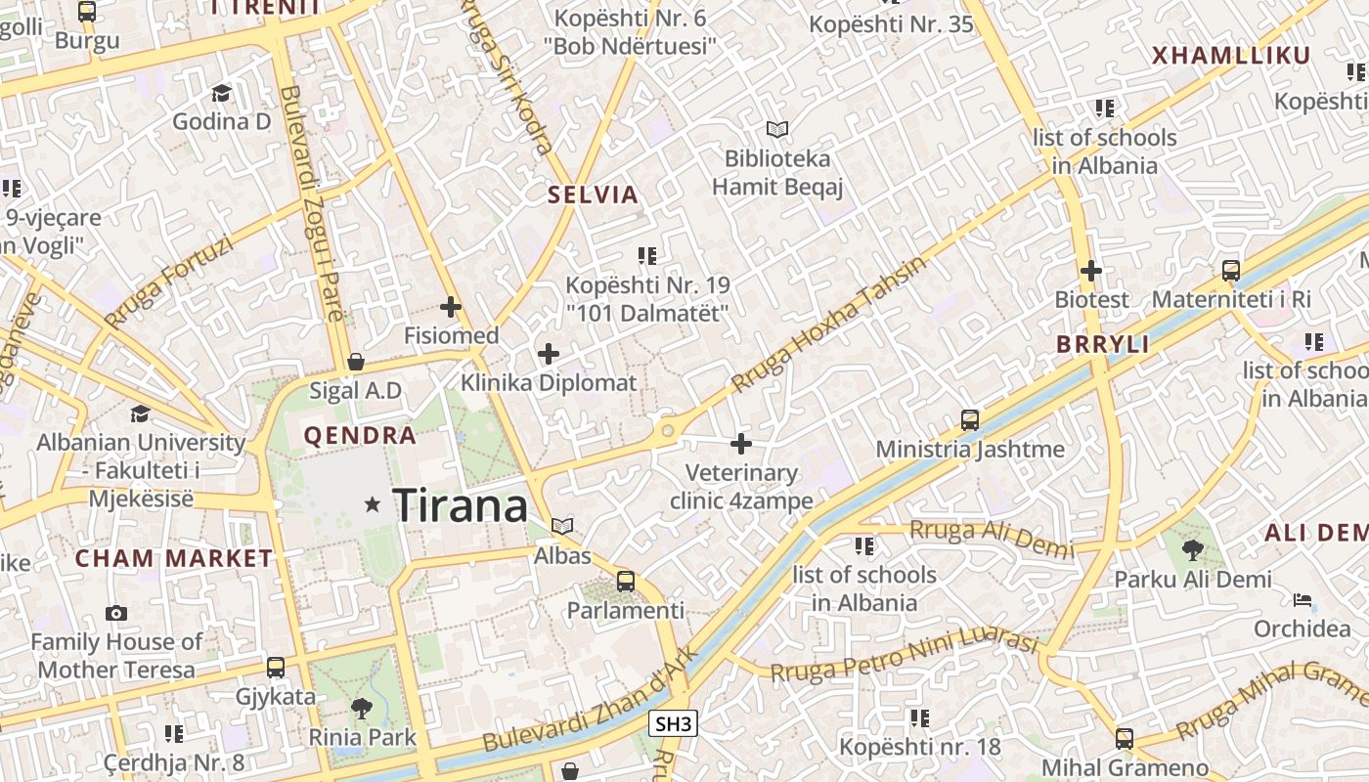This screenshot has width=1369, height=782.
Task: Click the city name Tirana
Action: coord(461,505)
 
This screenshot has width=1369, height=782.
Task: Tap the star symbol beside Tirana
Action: coord(372,504)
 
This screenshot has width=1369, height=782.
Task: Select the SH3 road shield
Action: coord(673,723)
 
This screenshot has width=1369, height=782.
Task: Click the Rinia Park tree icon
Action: coord(362,708)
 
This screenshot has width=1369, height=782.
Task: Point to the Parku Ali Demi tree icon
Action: coord(1193,550)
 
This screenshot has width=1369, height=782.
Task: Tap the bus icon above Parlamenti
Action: coord(626,582)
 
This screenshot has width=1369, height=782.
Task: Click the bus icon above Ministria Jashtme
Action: coord(969,420)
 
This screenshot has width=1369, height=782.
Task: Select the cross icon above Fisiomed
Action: coord(451,307)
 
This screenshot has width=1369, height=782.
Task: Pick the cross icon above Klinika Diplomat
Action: coord(549,353)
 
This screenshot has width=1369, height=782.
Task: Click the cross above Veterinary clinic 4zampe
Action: coord(741,444)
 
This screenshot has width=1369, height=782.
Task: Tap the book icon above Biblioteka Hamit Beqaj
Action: coord(777,129)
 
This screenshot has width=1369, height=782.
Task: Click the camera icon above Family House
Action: coord(116,613)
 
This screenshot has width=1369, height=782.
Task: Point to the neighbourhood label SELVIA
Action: coord(593,195)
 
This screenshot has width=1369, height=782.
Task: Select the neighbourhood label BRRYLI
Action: coord(1102,344)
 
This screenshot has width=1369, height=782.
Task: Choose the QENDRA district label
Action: coord(360,436)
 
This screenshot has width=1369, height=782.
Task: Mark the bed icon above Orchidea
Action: coord(1303,599)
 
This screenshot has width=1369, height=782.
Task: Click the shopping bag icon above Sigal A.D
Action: coord(356,362)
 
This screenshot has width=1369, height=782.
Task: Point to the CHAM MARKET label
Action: coord(174,559)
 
